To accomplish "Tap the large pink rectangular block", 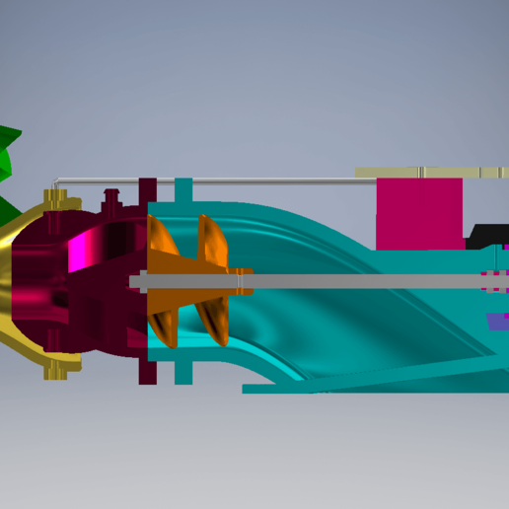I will point(419,212).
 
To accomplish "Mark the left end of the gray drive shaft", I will point(134,281).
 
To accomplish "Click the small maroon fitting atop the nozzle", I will point(111,197).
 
